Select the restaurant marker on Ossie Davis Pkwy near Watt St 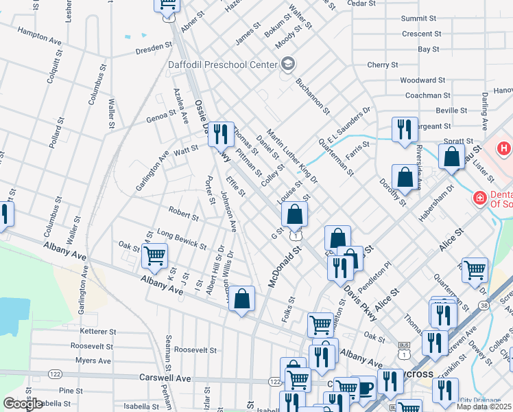tap(220, 133)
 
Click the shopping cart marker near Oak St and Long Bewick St tap(155, 255)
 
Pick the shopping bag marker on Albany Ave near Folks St tap(241, 298)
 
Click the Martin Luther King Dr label tap(292, 157)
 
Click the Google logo tap(24, 404)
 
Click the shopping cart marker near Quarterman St tap(475, 270)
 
